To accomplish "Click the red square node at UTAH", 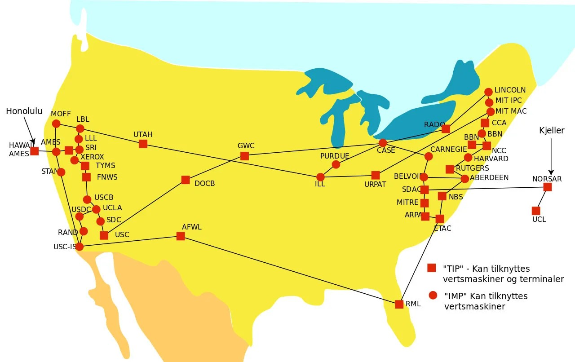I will click(x=143, y=144).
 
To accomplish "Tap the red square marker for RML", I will click(x=399, y=304).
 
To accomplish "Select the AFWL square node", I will click(x=181, y=236).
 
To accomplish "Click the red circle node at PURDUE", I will click(x=336, y=164).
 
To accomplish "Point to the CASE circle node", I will click(x=382, y=143).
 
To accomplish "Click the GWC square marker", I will click(x=244, y=156).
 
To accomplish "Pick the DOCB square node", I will click(x=186, y=180).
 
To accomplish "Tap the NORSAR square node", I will click(x=547, y=187).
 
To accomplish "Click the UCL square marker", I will click(x=536, y=211).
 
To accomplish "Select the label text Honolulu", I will click(x=24, y=111).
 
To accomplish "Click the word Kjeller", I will click(x=552, y=130).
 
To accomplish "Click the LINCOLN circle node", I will click(x=488, y=92).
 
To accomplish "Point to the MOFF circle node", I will click(x=56, y=124).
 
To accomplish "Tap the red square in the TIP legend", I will click(x=431, y=268).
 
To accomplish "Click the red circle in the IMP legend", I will click(x=433, y=295).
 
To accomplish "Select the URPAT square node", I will click(x=376, y=175).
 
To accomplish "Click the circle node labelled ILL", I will click(x=320, y=177).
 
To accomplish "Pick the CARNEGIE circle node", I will click(x=429, y=156).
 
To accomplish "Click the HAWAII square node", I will click(x=34, y=151).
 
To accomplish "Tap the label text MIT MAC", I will click(x=511, y=111).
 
